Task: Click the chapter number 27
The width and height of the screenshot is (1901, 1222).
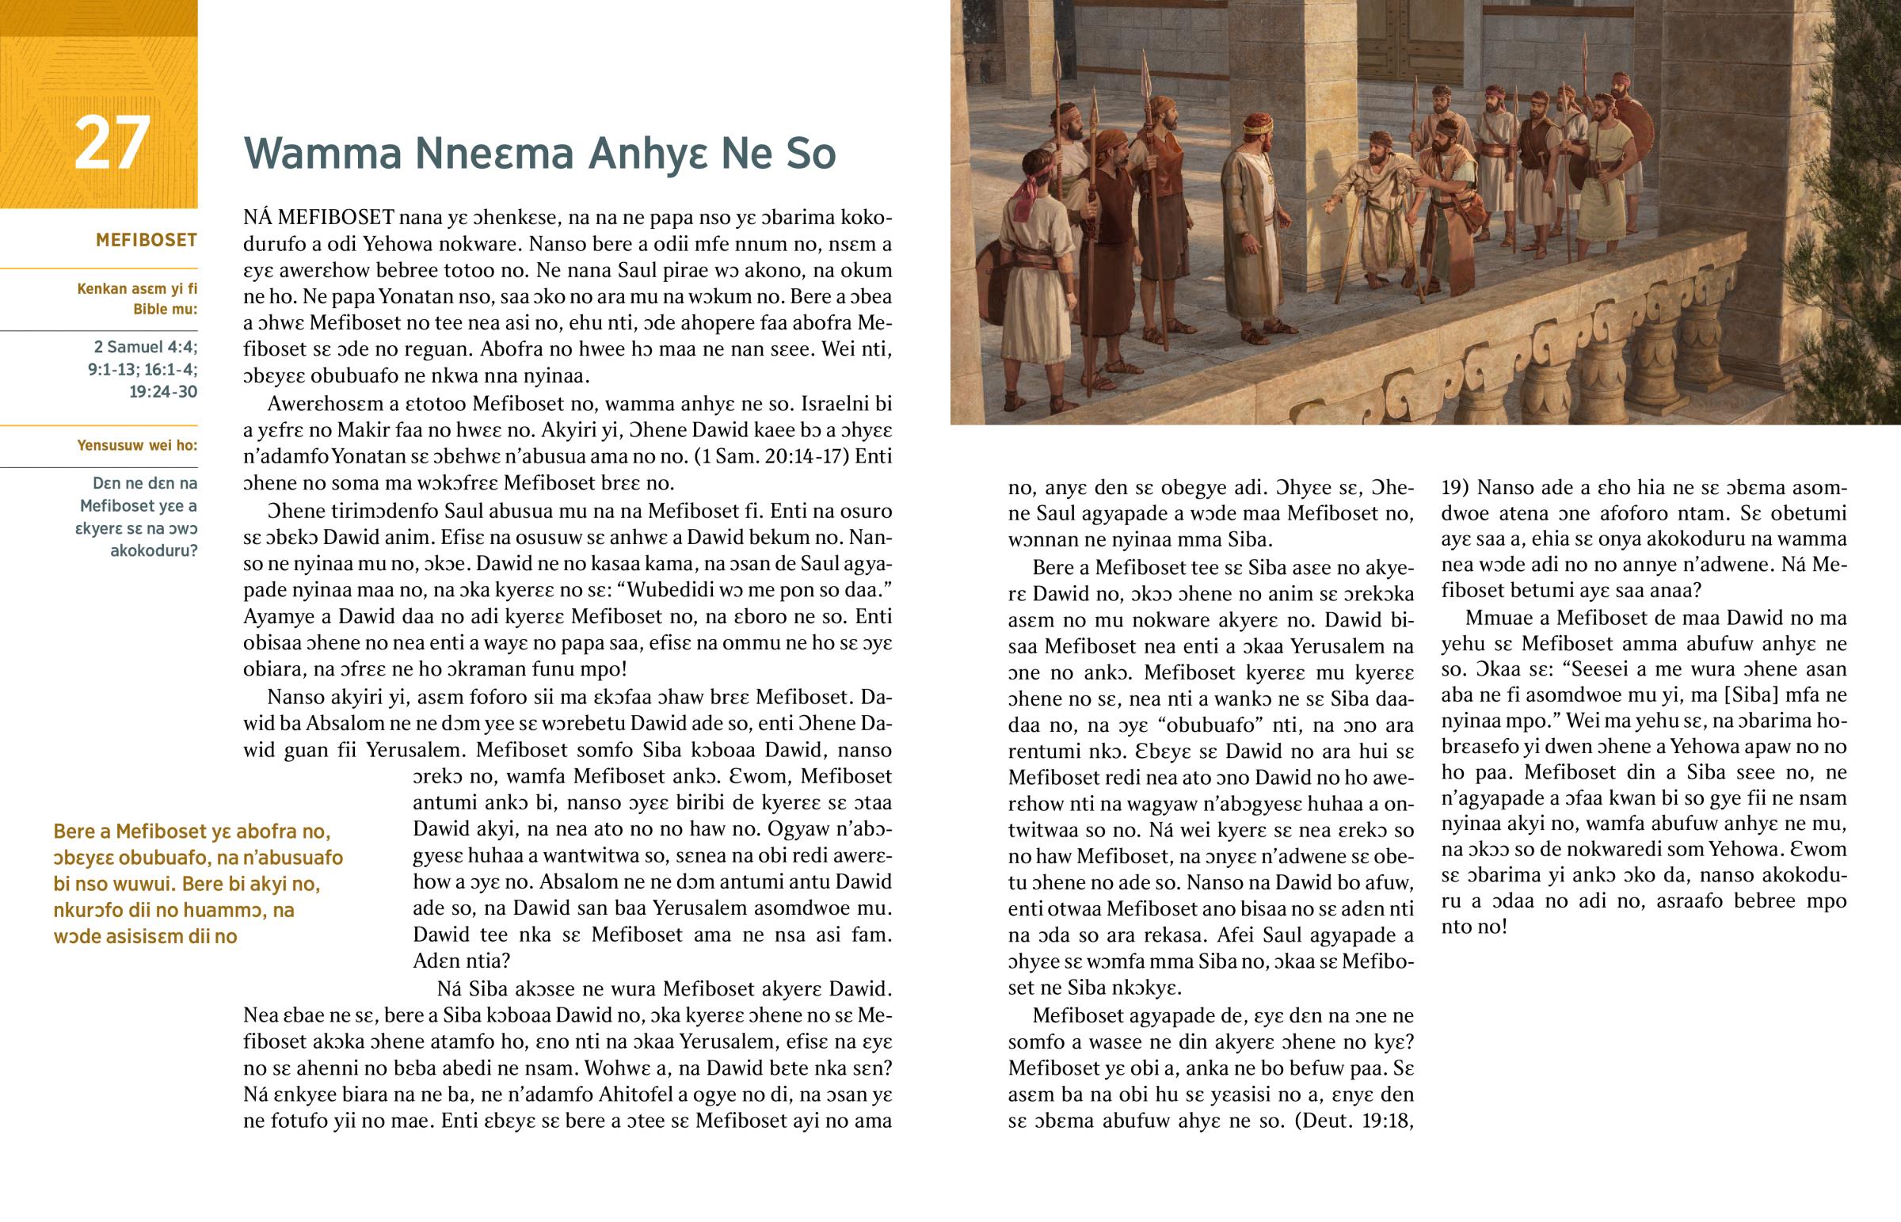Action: pyautogui.click(x=112, y=143)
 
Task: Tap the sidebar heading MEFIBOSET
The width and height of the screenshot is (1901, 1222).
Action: pyautogui.click(x=146, y=241)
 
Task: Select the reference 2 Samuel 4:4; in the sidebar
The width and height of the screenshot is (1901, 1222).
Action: pyautogui.click(x=145, y=347)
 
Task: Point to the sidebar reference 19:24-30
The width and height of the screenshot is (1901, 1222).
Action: pyautogui.click(x=162, y=391)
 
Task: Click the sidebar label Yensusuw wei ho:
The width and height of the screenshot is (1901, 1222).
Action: pyautogui.click(x=136, y=445)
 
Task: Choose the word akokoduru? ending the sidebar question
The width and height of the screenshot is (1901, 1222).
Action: pyautogui.click(x=153, y=550)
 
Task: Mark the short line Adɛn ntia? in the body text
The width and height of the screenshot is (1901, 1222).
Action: pyautogui.click(x=461, y=961)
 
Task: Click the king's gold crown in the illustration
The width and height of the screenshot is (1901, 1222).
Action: pyautogui.click(x=1258, y=124)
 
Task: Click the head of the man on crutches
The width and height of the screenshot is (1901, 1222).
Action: pyautogui.click(x=1381, y=147)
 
